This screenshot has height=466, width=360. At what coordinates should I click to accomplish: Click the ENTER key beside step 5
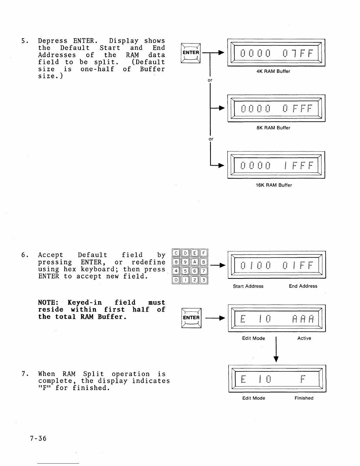(x=191, y=53)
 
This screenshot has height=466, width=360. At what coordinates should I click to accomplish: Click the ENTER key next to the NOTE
(x=191, y=318)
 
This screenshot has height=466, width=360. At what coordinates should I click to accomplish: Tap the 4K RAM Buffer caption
(x=273, y=71)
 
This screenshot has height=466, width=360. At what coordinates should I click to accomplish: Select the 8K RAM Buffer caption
(x=273, y=128)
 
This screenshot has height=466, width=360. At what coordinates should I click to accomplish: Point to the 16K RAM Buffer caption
(x=274, y=185)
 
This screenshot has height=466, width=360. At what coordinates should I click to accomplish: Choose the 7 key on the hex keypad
(x=204, y=271)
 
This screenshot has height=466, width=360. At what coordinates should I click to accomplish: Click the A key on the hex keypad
(x=195, y=262)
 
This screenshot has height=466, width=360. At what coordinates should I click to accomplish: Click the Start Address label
(x=248, y=286)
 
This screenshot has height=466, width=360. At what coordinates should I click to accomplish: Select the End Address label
(x=303, y=286)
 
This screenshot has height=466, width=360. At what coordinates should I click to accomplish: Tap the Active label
(x=304, y=338)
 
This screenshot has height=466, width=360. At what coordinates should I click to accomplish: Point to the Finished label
(x=304, y=398)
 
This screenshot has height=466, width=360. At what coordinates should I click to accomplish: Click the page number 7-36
(x=38, y=439)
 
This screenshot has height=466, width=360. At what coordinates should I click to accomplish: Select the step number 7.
(x=24, y=374)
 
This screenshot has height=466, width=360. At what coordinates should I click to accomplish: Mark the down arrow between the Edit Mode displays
(x=276, y=350)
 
